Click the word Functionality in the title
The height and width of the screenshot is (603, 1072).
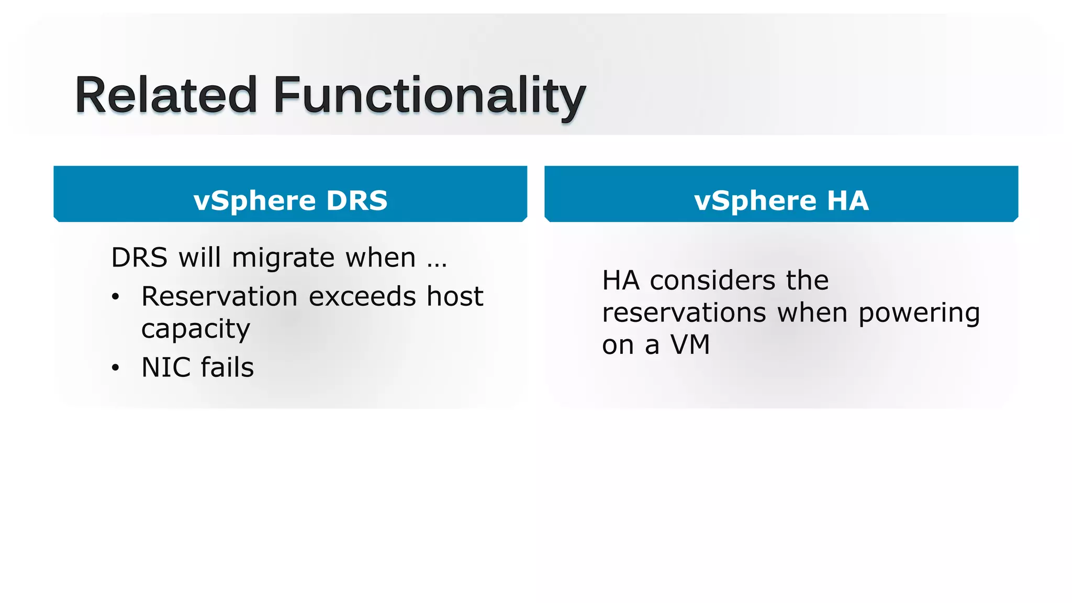[429, 95]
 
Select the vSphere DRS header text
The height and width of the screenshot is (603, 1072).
[291, 200]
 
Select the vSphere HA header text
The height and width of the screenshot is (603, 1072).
[781, 200]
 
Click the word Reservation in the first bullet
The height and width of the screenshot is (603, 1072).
[219, 296]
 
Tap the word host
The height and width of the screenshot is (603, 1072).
[454, 296]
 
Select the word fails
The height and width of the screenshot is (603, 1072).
[227, 367]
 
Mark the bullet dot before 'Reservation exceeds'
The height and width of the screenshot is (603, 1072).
[116, 297]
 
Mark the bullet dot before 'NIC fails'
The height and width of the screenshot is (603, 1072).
[116, 368]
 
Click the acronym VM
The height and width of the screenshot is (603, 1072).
[690, 345]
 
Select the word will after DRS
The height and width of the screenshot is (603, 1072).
[199, 258]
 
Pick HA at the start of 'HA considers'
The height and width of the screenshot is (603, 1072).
[621, 281]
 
